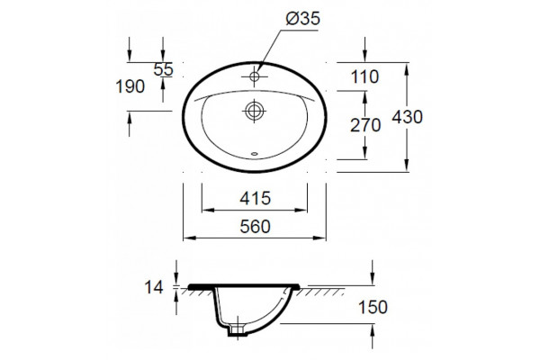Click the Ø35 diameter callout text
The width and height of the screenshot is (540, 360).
[x=302, y=18]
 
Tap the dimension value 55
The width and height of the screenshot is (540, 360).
[x=163, y=69]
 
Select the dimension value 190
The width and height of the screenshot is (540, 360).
[x=130, y=86]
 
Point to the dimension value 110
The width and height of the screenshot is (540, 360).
[x=364, y=76]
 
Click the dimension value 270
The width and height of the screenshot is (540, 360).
[x=365, y=125]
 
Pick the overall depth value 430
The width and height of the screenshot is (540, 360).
[x=408, y=117]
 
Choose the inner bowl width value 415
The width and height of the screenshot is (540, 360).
[x=256, y=198]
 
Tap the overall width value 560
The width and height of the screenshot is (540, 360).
[x=256, y=226]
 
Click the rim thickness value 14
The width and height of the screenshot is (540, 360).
[x=154, y=287]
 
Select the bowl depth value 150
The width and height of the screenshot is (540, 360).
[x=373, y=307]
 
